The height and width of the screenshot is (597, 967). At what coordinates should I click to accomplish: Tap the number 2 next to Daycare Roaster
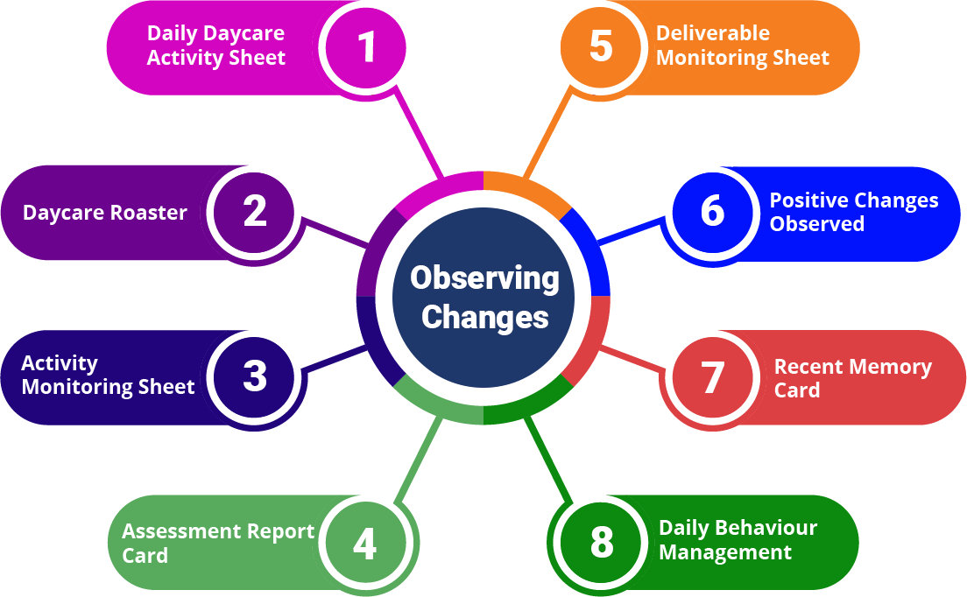point(255,211)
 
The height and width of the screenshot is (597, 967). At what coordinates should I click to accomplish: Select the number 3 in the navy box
point(255,376)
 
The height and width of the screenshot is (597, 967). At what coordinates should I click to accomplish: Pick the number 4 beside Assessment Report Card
point(364,544)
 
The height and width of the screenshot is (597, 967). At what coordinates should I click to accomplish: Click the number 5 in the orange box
point(601,46)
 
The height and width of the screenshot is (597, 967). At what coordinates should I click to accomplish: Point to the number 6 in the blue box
point(713,211)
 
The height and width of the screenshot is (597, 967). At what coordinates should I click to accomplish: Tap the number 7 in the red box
point(713,376)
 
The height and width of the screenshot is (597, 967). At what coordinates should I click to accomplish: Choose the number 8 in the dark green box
point(602,543)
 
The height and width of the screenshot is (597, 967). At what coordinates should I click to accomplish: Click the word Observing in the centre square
point(484,277)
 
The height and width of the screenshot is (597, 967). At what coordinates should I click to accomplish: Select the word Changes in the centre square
point(484,317)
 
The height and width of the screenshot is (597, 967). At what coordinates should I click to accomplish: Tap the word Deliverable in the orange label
point(713,33)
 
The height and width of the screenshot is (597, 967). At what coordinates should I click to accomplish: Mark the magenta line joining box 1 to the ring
point(419,133)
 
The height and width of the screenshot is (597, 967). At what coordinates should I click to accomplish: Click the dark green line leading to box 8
point(548,459)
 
